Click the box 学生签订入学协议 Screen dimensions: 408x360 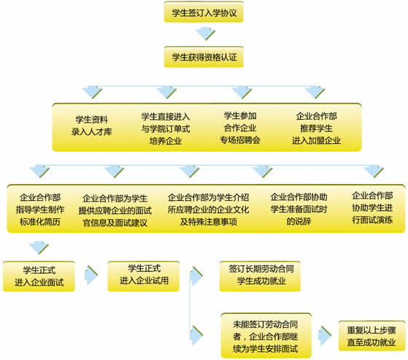pyautogui.click(x=204, y=12)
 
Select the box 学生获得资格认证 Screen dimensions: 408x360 pyautogui.click(x=204, y=57)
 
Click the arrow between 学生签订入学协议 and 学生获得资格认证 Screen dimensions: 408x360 pyautogui.click(x=205, y=34)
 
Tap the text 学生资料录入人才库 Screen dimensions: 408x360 pyautogui.click(x=91, y=126)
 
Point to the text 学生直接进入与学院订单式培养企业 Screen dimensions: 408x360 pyautogui.click(x=166, y=129)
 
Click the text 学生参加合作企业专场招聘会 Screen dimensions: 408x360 pyautogui.click(x=240, y=128)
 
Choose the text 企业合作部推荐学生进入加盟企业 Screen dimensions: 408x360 pyautogui.click(x=316, y=129)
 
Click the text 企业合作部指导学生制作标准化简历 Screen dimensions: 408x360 pyautogui.click(x=40, y=210)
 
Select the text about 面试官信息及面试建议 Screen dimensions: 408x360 pyautogui.click(x=115, y=210)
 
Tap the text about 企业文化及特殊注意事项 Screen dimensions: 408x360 pyautogui.click(x=209, y=210)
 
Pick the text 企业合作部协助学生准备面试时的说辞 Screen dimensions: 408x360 pyautogui.click(x=299, y=209)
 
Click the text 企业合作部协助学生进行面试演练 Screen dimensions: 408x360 pyautogui.click(x=372, y=207)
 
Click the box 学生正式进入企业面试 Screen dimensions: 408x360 pyautogui.click(x=39, y=276)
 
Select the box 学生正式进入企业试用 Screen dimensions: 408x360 pyautogui.click(x=144, y=276)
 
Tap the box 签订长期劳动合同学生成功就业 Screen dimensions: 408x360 pyautogui.click(x=261, y=276)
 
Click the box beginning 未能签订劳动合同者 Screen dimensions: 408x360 pyautogui.click(x=266, y=336)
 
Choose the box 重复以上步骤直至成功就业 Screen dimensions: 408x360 pyautogui.click(x=372, y=336)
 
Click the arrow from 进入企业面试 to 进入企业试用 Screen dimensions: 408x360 pyautogui.click(x=91, y=275)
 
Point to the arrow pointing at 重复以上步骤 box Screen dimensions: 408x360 pyautogui.click(x=325, y=335)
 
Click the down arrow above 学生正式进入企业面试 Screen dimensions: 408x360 pyautogui.click(x=39, y=248)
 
